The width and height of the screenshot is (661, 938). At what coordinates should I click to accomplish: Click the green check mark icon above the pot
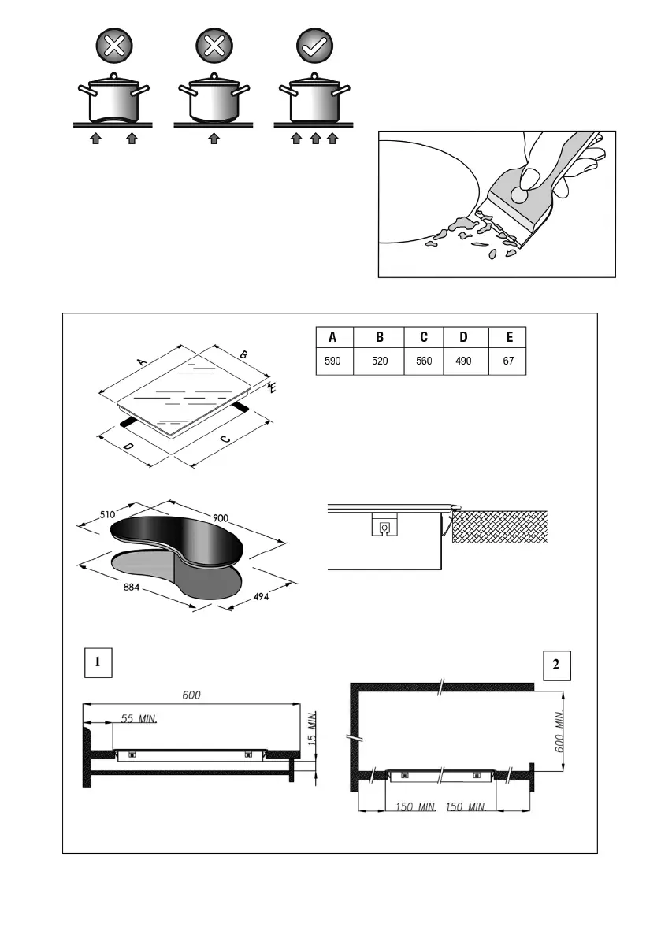click(314, 46)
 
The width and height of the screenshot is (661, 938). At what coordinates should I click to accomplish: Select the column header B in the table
click(380, 338)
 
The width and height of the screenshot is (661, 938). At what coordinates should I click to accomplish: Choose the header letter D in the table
click(463, 338)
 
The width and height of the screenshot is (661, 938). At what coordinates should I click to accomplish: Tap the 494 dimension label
click(262, 598)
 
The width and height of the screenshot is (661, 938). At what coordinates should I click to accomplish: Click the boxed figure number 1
click(98, 663)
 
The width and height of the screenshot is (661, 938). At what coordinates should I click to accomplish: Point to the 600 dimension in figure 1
click(191, 695)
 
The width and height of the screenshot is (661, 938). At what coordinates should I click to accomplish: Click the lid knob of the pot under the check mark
click(314, 76)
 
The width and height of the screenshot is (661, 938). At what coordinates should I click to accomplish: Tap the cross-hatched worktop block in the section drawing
click(500, 526)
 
